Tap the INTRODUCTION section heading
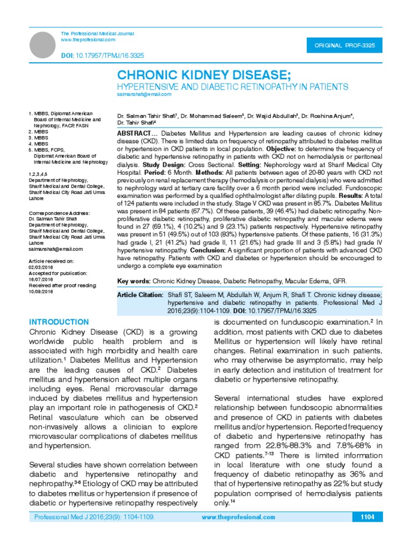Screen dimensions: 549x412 [x=59, y=322]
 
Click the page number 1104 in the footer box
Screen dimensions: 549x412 [x=367, y=517]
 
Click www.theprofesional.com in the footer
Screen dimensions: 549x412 [x=238, y=517]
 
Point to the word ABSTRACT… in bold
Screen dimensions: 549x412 [x=137, y=132]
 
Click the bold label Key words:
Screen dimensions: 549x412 [x=134, y=281]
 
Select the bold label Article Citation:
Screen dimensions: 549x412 [x=140, y=295]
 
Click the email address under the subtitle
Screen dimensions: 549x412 [x=144, y=94]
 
